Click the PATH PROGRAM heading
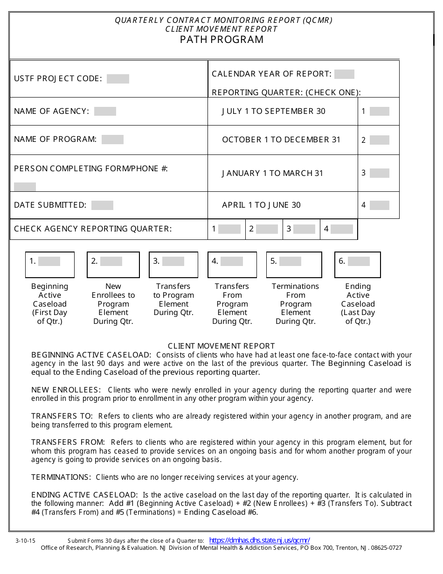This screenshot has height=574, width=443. coord(221,39)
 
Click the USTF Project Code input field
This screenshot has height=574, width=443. coord(118,79)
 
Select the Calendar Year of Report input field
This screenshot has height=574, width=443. coord(344,74)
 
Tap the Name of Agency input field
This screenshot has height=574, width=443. coord(105,112)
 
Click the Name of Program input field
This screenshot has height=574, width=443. coord(112,140)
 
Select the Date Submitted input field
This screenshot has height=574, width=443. coord(102,205)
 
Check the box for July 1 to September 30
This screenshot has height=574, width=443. coord(379,112)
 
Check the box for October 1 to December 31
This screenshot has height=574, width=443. coord(379,140)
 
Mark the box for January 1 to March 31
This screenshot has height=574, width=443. coord(379,173)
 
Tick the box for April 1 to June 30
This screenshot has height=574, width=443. coord(379,205)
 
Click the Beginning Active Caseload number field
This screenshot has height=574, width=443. coord(49,261)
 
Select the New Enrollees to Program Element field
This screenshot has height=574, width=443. coord(111,261)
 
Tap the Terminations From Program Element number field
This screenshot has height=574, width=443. coord(290,261)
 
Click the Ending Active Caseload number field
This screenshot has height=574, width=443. coord(359,261)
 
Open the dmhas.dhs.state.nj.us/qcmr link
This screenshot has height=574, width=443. coord(259,540)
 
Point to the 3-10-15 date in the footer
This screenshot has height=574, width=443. coord(25,541)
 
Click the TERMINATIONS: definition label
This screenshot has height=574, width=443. coord(61,477)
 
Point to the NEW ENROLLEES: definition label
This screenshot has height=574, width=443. coord(66,390)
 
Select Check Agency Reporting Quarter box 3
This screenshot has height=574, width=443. coord(304,229)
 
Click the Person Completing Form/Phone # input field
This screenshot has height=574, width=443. coord(25,187)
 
